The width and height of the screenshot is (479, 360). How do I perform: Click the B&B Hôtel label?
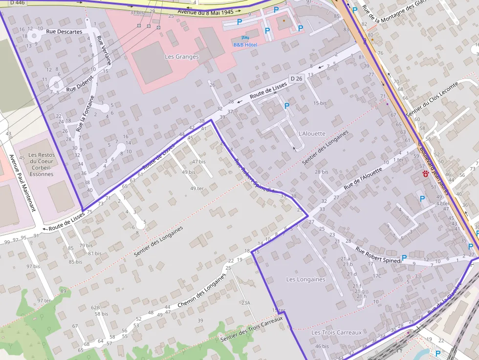pyautogui.click(x=245, y=44)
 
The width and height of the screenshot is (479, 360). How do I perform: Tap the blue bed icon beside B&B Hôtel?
pyautogui.click(x=245, y=38)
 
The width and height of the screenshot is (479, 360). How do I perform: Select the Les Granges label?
pyautogui.click(x=182, y=57)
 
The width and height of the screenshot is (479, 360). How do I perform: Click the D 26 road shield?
pyautogui.click(x=296, y=79)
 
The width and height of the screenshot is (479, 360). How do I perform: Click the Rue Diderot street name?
pyautogui.click(x=79, y=85)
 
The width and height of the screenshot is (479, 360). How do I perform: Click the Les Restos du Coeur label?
pyautogui.click(x=42, y=164)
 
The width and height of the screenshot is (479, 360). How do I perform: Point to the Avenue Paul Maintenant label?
pyautogui.click(x=22, y=183)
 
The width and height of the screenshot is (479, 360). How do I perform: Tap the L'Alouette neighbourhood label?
pyautogui.click(x=311, y=133)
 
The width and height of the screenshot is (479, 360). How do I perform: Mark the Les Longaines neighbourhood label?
pyautogui.click(x=305, y=279)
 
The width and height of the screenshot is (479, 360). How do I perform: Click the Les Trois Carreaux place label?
pyautogui.click(x=336, y=332)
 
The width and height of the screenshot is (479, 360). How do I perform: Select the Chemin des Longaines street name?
pyautogui.click(x=202, y=289)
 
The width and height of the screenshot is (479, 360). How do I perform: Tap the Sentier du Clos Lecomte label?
pyautogui.click(x=433, y=105)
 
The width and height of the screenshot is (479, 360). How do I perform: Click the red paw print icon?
pyautogui.click(x=426, y=174)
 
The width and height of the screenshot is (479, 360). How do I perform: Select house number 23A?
pyautogui.click(x=245, y=303)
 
